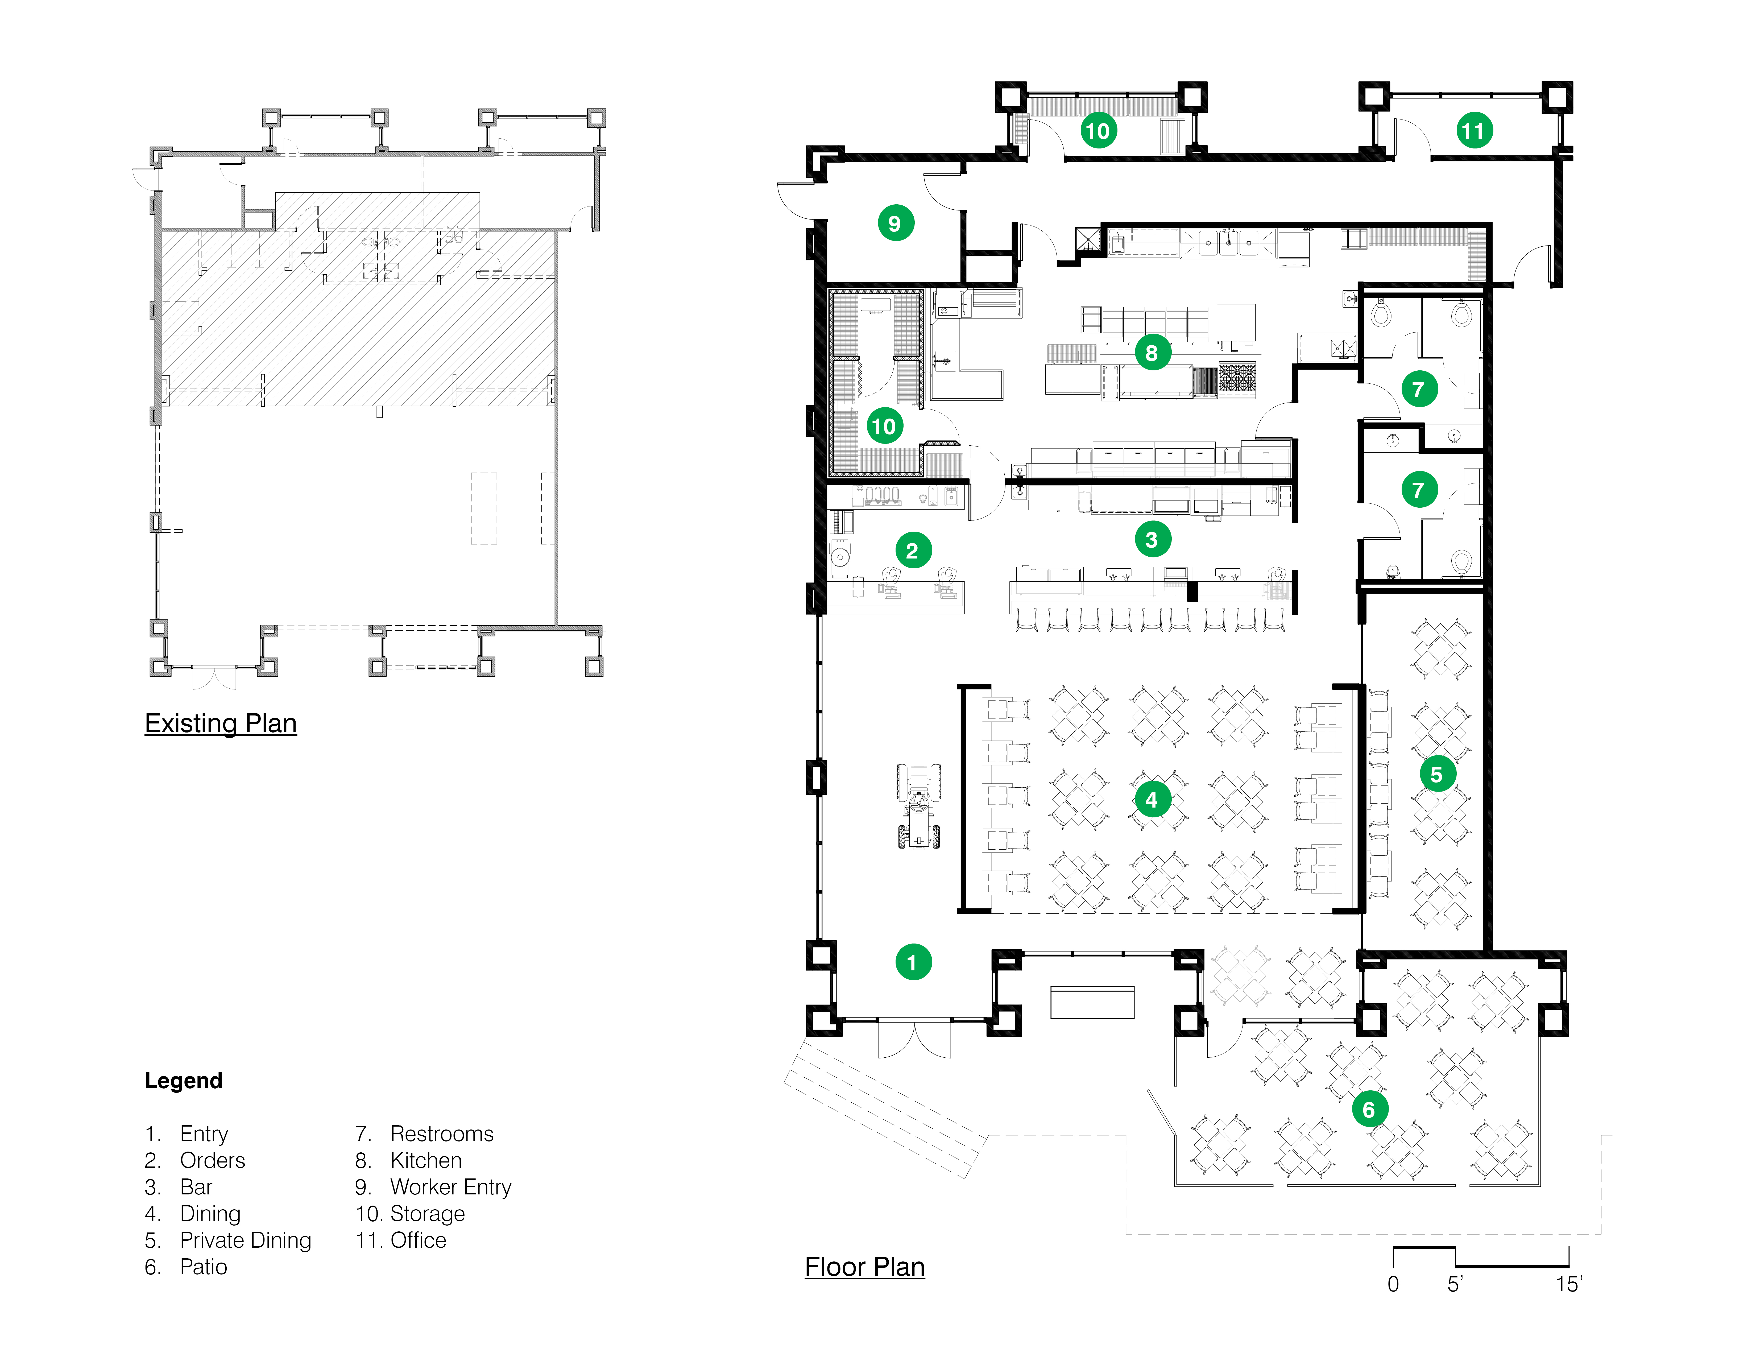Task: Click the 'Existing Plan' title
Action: (x=221, y=723)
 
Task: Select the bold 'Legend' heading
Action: (x=183, y=1081)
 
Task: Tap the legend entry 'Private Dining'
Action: (x=245, y=1240)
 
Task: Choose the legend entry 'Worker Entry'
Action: (x=450, y=1187)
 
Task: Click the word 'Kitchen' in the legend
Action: (x=426, y=1161)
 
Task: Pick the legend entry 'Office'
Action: (x=418, y=1240)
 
